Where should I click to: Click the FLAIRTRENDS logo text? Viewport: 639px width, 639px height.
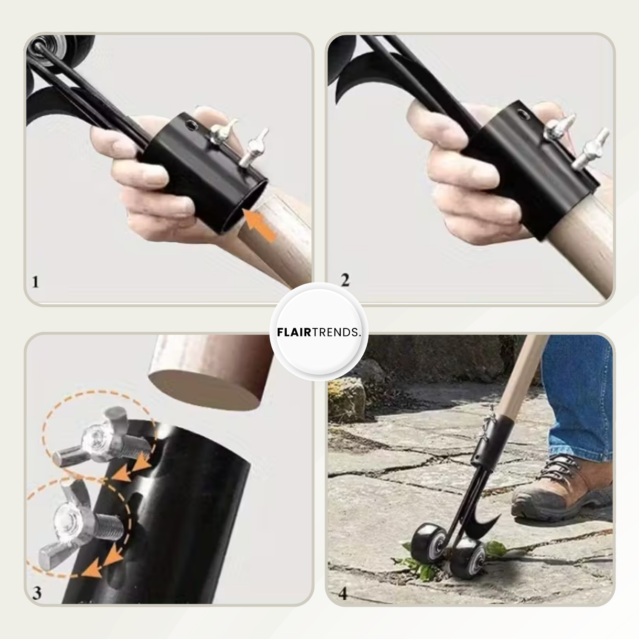tap(319, 332)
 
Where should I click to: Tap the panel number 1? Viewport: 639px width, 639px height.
tap(35, 282)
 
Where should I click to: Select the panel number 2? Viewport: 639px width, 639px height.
tap(345, 280)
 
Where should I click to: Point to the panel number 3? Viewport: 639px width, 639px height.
tap(37, 593)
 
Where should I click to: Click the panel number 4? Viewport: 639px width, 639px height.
tap(343, 593)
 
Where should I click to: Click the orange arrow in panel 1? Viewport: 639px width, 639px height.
tap(260, 225)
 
